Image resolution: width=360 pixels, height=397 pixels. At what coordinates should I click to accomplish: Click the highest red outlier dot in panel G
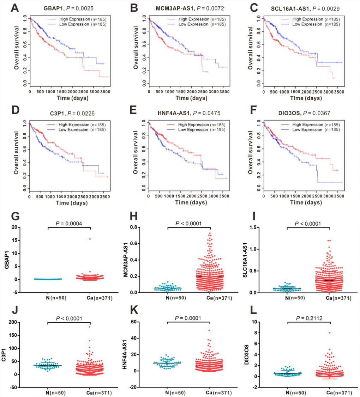90,239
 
